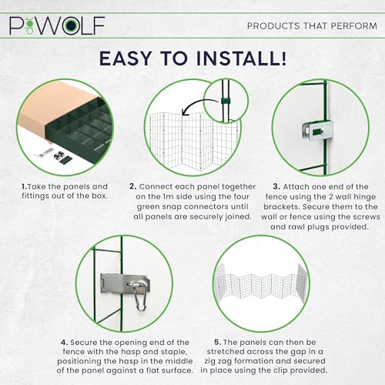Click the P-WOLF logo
57,25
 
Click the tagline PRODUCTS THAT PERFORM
312,26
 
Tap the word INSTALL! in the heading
241,59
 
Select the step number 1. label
25,186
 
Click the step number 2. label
132,186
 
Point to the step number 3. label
276,186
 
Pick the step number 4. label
65,343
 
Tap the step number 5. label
218,342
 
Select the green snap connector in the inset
226,101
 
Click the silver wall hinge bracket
317,132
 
